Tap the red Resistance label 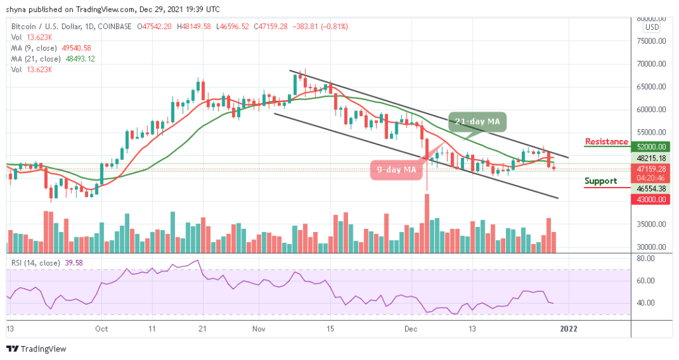point(606,142)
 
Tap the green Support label point(601,181)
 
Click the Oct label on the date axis point(101,328)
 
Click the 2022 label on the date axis point(568,328)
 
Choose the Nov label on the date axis point(259,328)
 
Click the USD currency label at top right point(652,27)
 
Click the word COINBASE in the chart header point(114,27)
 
